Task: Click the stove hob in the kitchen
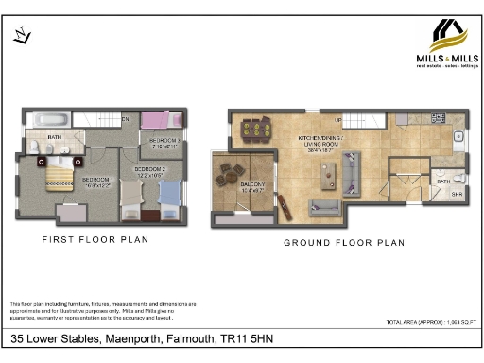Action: point(438,118)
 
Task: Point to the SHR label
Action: point(455,195)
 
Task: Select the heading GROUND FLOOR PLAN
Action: point(344,243)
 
